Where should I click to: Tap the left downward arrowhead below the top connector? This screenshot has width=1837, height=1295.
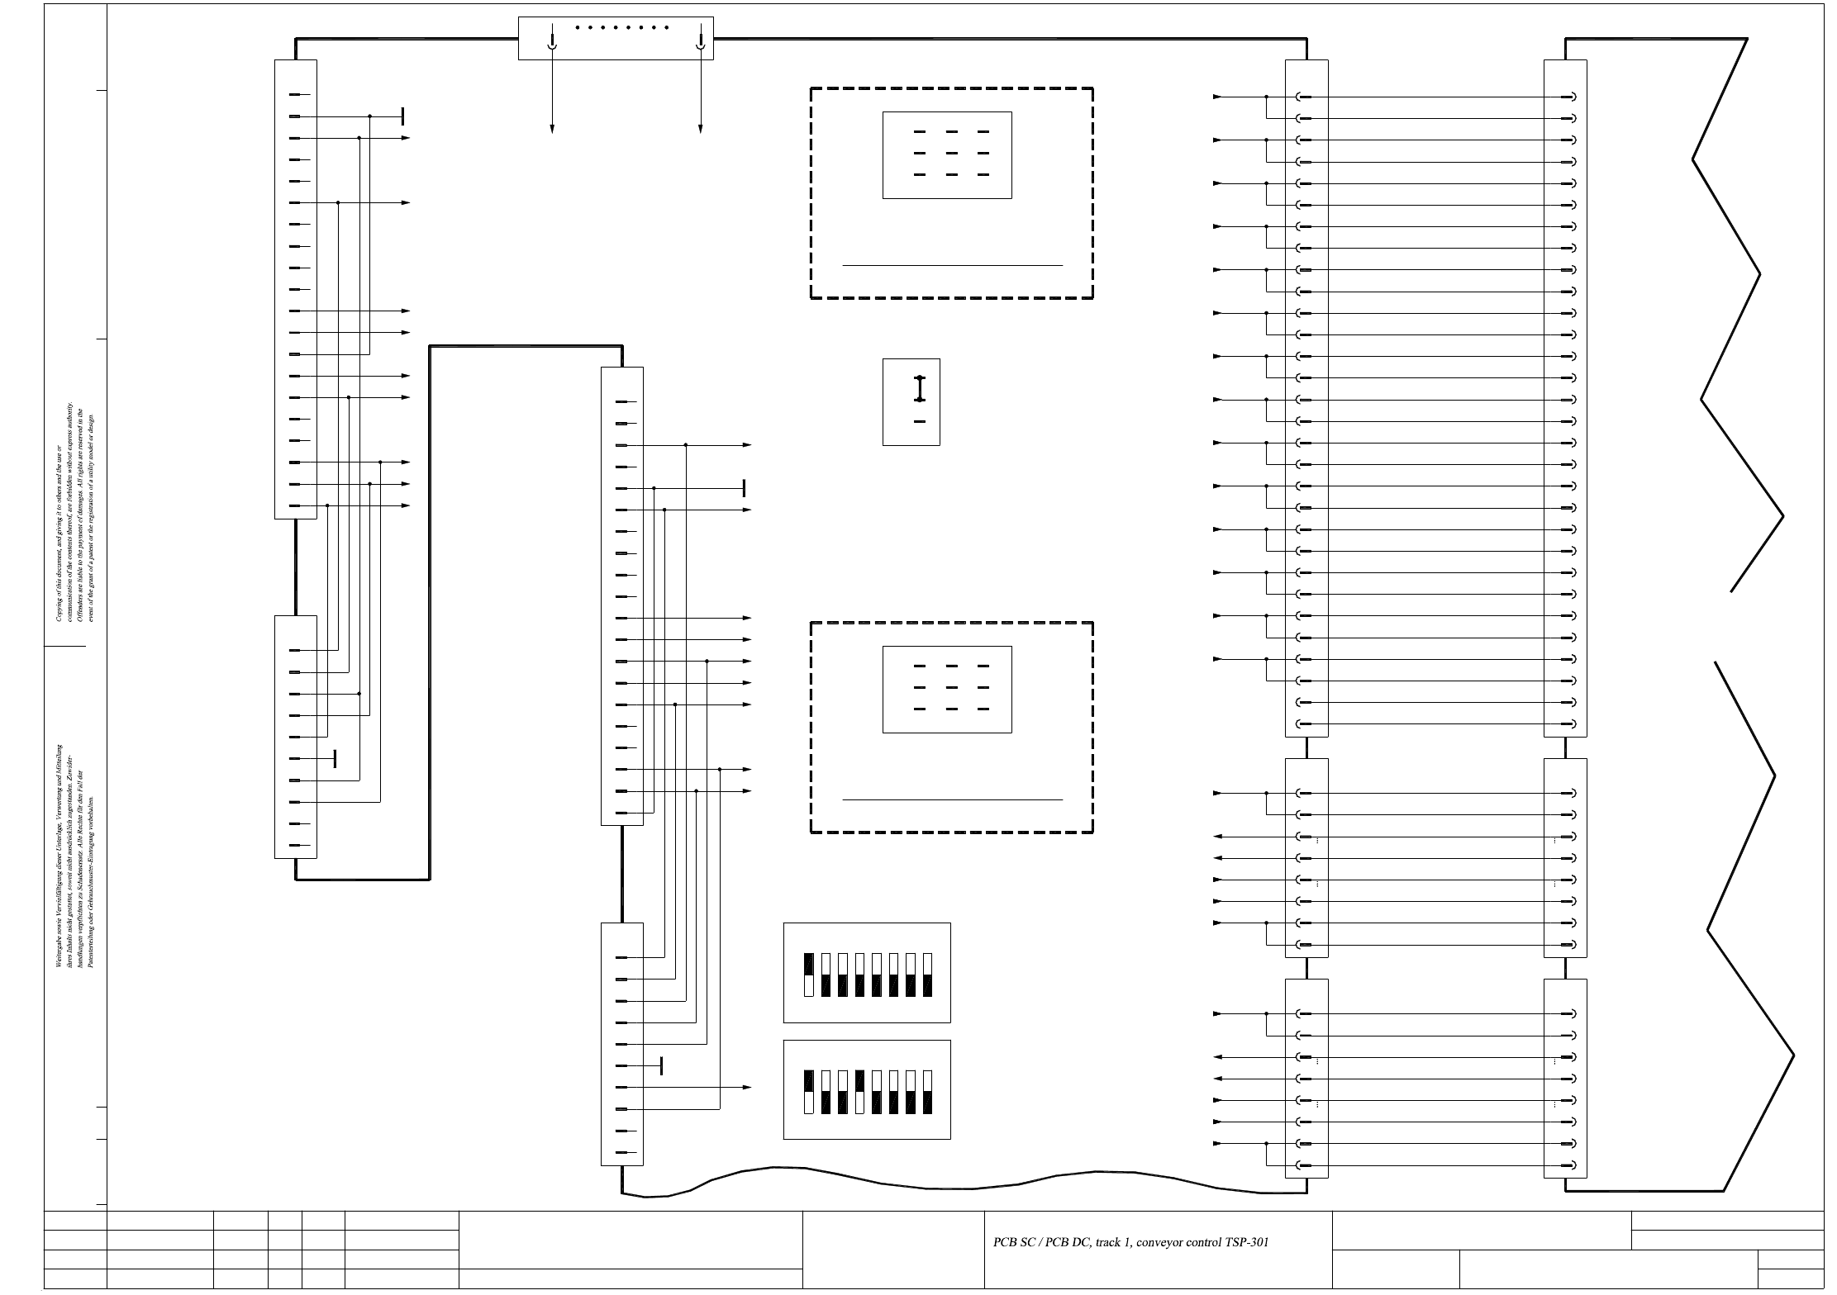[552, 128]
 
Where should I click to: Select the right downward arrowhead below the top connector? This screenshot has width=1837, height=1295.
[701, 128]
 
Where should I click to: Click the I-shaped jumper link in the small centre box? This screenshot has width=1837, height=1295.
[920, 389]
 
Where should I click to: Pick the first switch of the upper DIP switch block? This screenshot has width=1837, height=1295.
[809, 975]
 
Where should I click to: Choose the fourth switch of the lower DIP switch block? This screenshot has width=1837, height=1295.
[860, 1092]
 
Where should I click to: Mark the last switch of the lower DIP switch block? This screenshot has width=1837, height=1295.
[928, 1092]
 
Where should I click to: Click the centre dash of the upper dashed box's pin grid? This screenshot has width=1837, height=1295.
[951, 154]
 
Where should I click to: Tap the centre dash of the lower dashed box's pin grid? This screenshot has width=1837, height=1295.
[951, 688]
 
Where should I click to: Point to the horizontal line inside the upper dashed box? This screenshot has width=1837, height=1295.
[952, 266]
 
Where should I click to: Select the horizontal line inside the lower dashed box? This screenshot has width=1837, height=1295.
[952, 799]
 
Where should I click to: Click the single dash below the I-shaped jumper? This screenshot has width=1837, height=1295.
[920, 422]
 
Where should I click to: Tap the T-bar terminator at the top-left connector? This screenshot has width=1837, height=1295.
[402, 116]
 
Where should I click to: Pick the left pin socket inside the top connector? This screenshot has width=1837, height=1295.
[552, 41]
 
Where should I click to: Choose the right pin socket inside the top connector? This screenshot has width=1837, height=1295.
[701, 41]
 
